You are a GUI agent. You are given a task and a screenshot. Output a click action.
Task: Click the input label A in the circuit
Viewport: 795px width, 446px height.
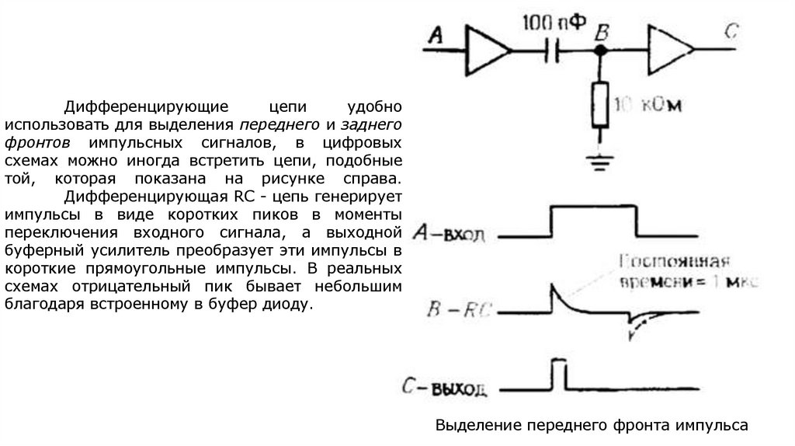click(x=436, y=34)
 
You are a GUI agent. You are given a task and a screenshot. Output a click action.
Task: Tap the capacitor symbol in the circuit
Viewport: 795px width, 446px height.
click(x=553, y=51)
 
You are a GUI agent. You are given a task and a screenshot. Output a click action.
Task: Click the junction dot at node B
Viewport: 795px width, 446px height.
click(x=599, y=51)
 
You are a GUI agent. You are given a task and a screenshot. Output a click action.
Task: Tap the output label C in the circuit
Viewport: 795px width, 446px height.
click(x=731, y=33)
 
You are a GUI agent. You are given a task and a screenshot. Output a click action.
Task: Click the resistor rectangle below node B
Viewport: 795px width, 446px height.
click(x=599, y=104)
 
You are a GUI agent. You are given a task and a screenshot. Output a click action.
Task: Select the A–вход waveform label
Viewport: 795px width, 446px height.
click(x=450, y=233)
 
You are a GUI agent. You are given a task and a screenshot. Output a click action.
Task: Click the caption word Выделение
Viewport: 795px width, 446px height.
click(x=477, y=425)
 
